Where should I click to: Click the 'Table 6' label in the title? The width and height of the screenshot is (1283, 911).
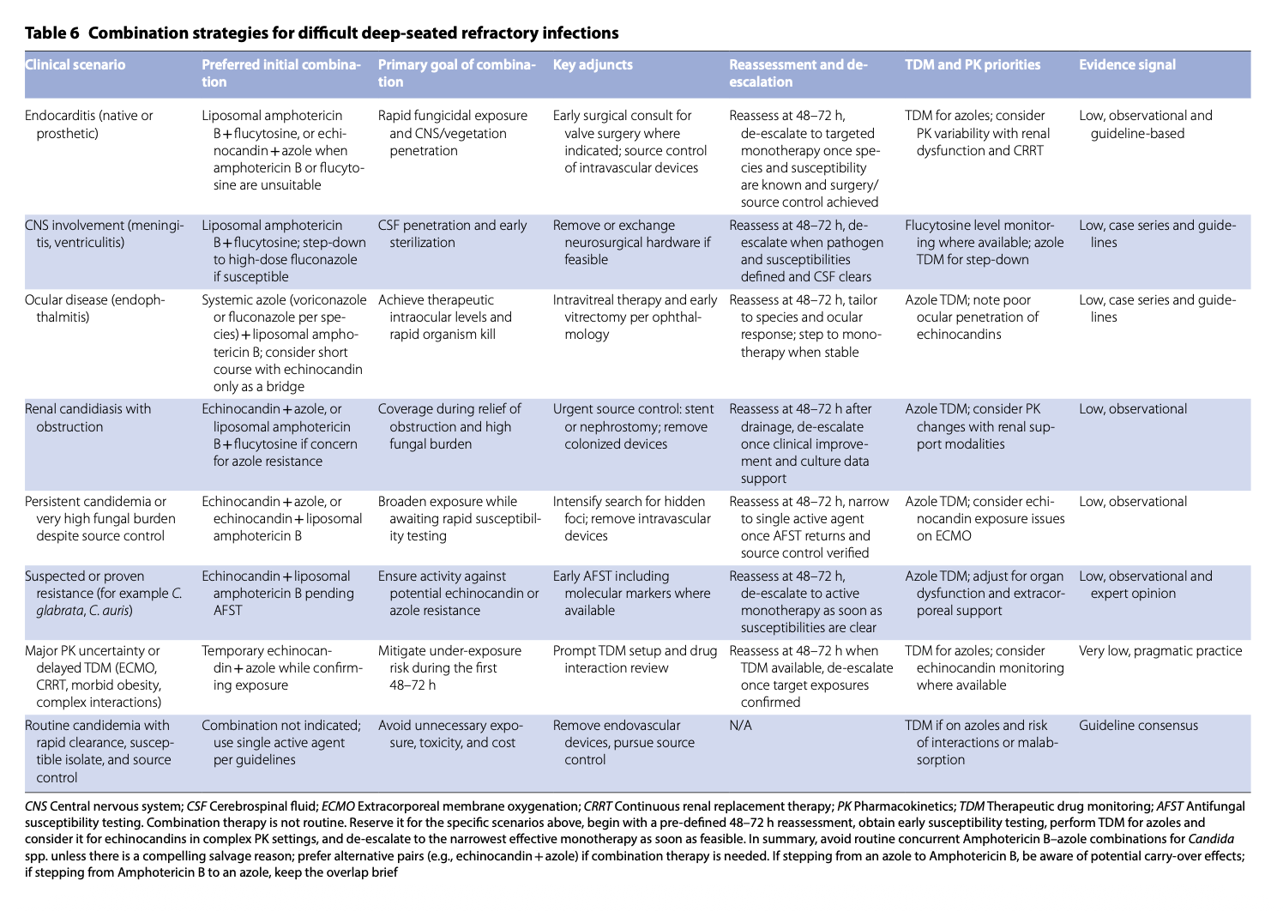pyautogui.click(x=52, y=33)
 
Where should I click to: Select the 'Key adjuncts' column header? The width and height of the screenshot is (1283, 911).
pyautogui.click(x=593, y=65)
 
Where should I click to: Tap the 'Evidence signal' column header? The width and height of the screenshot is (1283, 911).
pyautogui.click(x=1127, y=65)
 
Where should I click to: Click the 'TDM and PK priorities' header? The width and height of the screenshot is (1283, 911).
pyautogui.click(x=973, y=65)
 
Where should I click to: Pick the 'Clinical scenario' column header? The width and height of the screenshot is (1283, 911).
pyautogui.click(x=75, y=65)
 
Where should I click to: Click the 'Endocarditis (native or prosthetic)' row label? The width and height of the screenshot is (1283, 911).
pyautogui.click(x=89, y=124)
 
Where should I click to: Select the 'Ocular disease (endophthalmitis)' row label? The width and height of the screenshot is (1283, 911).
pyautogui.click(x=94, y=309)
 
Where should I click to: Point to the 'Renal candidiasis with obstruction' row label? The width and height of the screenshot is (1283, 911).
pyautogui.click(x=87, y=418)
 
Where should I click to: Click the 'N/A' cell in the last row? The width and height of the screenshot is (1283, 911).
pyautogui.click(x=740, y=726)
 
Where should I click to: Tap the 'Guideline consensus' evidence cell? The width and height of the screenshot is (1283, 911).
pyautogui.click(x=1138, y=726)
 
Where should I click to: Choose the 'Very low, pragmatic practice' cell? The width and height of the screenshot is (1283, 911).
pyautogui.click(x=1160, y=651)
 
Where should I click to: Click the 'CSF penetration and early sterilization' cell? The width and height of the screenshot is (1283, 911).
pyautogui.click(x=452, y=234)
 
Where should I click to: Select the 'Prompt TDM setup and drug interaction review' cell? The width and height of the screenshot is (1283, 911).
pyautogui.click(x=635, y=660)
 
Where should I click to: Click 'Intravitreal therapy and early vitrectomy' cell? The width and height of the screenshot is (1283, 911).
pyautogui.click(x=635, y=317)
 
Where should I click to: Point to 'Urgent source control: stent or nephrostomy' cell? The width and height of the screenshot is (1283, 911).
pyautogui.click(x=633, y=426)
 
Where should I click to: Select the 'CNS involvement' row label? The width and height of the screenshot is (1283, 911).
pyautogui.click(x=104, y=234)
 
